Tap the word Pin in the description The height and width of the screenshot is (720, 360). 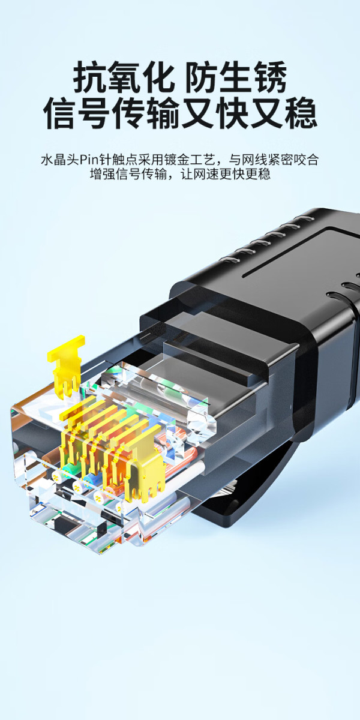pos(89,160)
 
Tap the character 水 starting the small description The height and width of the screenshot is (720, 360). pos(47,160)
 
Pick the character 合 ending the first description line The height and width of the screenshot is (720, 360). pos(313,160)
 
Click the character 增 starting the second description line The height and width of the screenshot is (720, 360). pos(96,174)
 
